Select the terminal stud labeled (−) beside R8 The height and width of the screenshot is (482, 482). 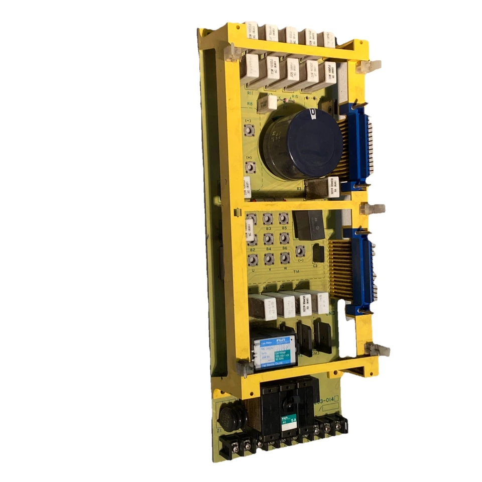tap(248, 131)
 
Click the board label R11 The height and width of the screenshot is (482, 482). tap(250, 94)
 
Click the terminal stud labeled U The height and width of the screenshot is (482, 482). tap(253, 259)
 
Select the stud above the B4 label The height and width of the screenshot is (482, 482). tap(269, 237)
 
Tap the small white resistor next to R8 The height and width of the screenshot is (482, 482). tap(270, 102)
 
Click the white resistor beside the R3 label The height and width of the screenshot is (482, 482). tap(332, 187)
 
